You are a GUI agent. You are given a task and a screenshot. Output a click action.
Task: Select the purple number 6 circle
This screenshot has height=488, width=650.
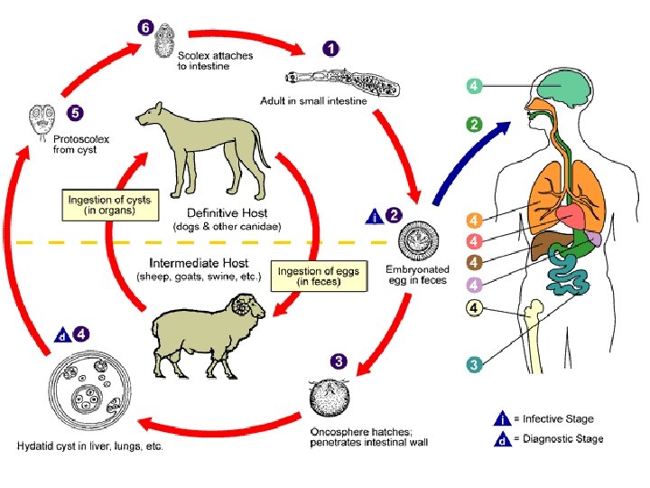point(145,27)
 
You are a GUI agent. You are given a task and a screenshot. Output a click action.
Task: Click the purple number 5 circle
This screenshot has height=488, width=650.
point(76,114)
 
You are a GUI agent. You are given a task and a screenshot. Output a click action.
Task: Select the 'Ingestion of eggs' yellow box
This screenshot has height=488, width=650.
point(321,277)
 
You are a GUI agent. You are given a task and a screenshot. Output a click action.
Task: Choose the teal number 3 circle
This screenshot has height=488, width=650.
point(473,365)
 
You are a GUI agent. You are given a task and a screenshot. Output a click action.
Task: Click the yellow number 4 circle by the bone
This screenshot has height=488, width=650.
point(473,308)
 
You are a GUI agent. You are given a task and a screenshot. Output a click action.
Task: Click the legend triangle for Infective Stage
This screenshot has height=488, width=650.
point(500,418)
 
